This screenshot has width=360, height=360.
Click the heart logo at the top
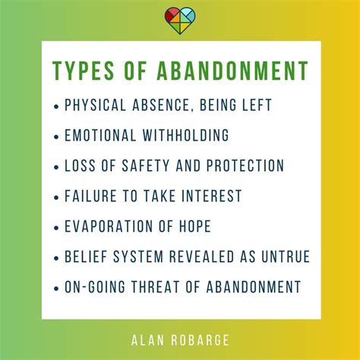[180, 17]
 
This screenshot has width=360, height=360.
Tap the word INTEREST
[210, 196]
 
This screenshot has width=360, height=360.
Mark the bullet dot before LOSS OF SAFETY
[58, 166]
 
